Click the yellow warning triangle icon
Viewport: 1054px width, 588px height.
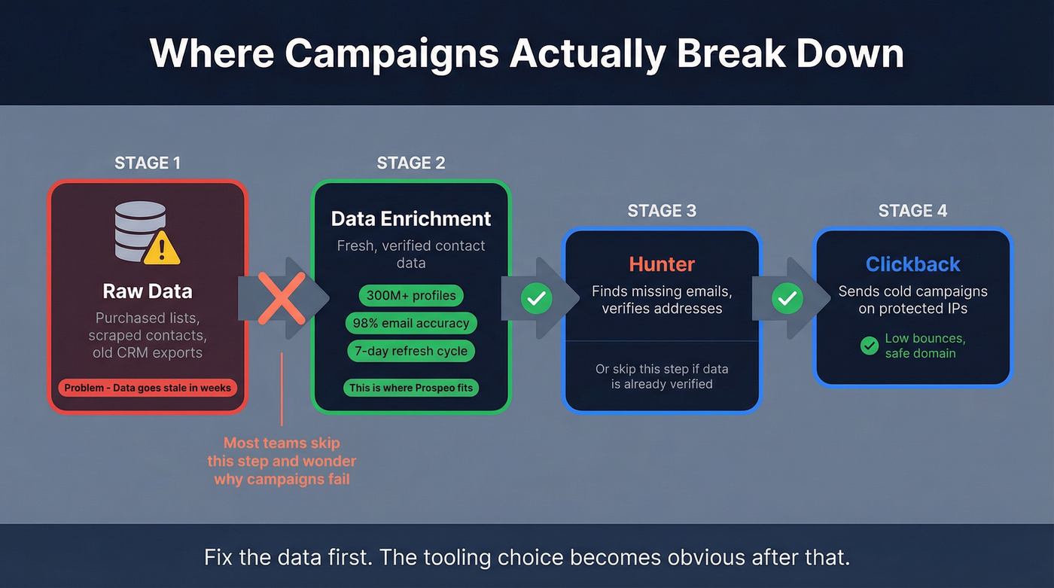point(161,248)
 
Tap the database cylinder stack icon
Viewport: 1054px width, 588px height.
point(141,230)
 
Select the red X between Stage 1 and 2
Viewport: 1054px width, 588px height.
point(282,298)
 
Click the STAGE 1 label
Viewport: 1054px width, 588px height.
point(148,163)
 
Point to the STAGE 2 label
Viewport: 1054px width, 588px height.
point(411,163)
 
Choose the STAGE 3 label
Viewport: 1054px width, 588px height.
point(662,211)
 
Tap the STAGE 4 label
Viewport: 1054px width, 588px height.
point(912,211)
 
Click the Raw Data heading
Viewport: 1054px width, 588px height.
point(148,291)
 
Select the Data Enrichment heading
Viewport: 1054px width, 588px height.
point(411,219)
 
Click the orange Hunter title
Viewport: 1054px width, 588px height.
point(662,264)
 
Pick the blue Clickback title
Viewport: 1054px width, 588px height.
point(912,264)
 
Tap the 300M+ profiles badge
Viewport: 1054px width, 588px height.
point(411,295)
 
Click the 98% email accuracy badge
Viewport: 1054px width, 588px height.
point(411,323)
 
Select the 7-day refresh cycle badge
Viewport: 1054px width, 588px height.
point(411,351)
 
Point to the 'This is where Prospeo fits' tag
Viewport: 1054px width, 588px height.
point(411,388)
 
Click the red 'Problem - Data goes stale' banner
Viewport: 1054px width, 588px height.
point(148,388)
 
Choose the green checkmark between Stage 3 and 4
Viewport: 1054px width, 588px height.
point(787,299)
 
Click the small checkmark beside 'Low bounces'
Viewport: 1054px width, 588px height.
point(870,346)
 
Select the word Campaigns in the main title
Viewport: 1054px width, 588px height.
point(394,53)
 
